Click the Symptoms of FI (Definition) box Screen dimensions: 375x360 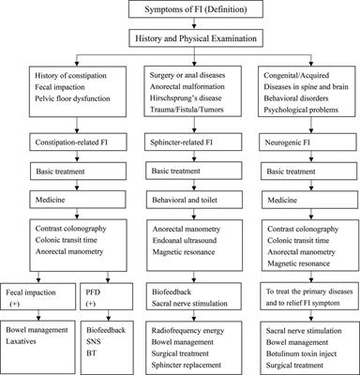(x=181, y=13)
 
